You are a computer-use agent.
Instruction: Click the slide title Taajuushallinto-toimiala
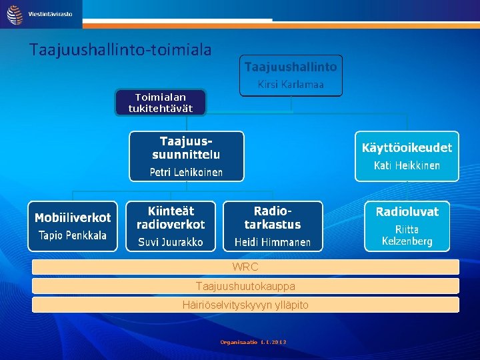(x=121, y=49)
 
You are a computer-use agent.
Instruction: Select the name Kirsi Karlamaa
(x=291, y=85)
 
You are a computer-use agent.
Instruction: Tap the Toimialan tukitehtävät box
(x=160, y=103)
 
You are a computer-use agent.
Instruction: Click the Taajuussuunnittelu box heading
(x=186, y=147)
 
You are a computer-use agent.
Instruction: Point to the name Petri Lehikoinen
(x=186, y=172)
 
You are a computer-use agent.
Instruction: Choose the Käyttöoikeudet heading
(x=407, y=147)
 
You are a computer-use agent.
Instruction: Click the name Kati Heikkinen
(x=407, y=165)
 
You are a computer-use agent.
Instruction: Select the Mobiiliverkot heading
(x=73, y=217)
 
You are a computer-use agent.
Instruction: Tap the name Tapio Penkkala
(x=73, y=235)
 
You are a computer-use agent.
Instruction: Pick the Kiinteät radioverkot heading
(x=171, y=217)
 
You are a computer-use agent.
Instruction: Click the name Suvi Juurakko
(x=171, y=242)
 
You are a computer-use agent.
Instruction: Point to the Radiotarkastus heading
(x=273, y=217)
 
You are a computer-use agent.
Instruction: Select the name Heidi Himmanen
(x=273, y=242)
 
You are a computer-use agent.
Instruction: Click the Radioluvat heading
(x=407, y=212)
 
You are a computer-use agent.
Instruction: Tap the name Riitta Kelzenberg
(x=407, y=235)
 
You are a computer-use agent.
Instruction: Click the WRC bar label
(x=245, y=267)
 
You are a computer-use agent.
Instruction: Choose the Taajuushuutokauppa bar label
(x=245, y=286)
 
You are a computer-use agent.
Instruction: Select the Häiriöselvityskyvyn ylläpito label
(x=245, y=305)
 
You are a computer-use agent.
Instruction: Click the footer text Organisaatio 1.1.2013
(x=253, y=342)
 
